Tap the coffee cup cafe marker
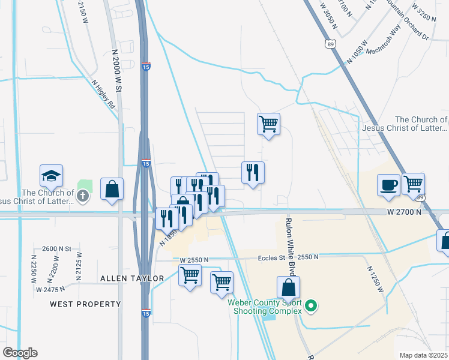(x=388, y=184)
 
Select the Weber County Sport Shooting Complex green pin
(x=310, y=307)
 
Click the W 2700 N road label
(x=404, y=212)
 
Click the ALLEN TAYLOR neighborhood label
(x=132, y=278)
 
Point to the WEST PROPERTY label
(x=85, y=304)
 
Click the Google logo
(x=19, y=353)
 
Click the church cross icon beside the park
(x=82, y=195)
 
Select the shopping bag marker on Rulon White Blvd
(x=289, y=287)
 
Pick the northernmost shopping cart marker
(x=268, y=125)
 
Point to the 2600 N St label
(x=56, y=248)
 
